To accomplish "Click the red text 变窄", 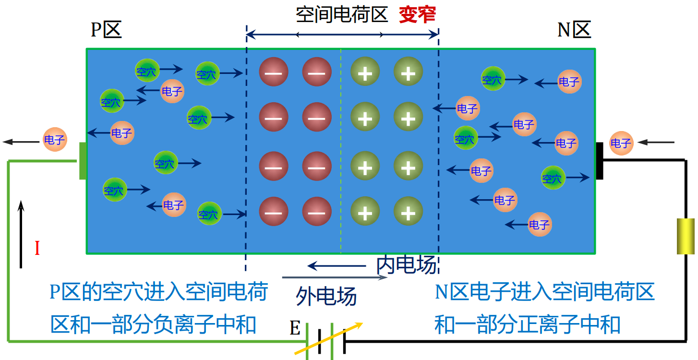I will (417, 15).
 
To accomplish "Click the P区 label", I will (106, 30).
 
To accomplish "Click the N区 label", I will (574, 30).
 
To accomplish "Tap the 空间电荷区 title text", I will (341, 15).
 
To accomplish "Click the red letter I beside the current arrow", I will (37, 249).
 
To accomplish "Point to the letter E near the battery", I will (295, 329).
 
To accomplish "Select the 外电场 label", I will (326, 296).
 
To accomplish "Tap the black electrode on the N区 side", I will (599, 161).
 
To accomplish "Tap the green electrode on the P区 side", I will (83, 161).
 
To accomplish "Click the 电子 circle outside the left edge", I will (55, 140).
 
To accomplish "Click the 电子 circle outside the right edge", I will (621, 143).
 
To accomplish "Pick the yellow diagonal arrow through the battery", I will (328, 338).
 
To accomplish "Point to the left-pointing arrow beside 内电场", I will (336, 265).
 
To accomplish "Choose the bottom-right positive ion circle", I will (408, 211).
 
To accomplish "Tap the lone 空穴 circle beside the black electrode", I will (553, 178).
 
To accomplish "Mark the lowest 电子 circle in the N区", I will (540, 224).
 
